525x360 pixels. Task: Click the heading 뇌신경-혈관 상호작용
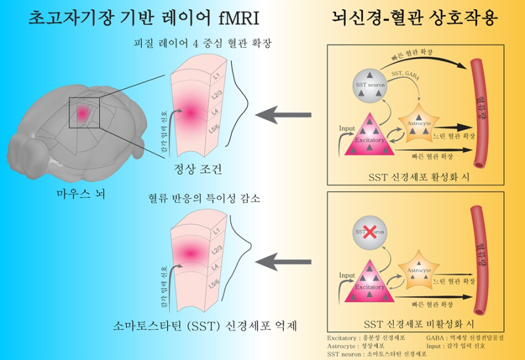coord(415,18)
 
